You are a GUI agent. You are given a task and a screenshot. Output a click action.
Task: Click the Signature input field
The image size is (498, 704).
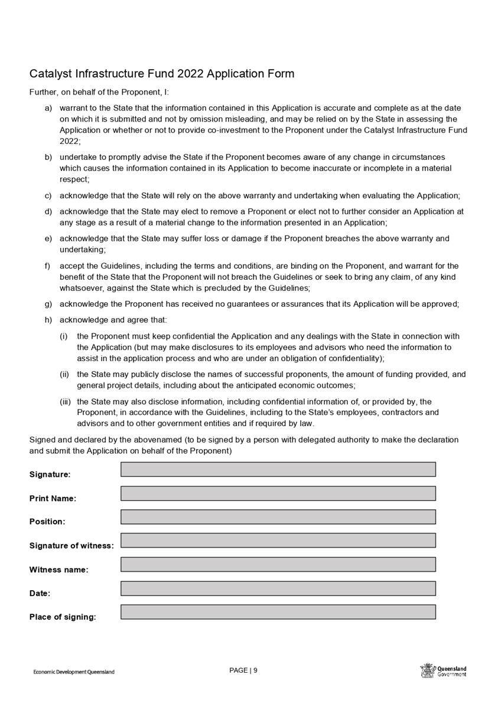(278, 469)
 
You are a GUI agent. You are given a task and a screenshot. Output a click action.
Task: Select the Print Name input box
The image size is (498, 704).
(278, 493)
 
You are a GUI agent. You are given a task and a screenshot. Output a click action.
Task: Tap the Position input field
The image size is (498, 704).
(278, 517)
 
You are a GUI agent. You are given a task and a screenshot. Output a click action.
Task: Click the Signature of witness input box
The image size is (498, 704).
(278, 541)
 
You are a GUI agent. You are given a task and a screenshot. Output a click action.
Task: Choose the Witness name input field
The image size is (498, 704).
(278, 564)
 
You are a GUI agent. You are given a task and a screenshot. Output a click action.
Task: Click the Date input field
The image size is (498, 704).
(278, 588)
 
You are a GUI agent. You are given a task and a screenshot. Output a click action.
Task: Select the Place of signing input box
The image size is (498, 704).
(278, 612)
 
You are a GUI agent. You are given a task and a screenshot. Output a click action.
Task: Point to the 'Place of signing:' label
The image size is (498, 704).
(63, 617)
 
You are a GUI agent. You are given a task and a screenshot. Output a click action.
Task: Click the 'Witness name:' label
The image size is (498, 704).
(58, 570)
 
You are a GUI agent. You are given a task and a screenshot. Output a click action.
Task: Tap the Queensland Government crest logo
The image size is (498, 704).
(427, 670)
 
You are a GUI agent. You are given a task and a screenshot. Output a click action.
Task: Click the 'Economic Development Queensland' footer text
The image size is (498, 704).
(74, 672)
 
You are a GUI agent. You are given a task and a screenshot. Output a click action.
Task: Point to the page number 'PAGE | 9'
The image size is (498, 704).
(243, 670)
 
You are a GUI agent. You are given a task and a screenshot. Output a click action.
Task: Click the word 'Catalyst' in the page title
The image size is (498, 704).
(50, 74)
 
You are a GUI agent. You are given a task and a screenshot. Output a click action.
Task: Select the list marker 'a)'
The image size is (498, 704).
(48, 109)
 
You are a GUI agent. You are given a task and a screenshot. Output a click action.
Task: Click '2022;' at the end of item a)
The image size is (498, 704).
(70, 142)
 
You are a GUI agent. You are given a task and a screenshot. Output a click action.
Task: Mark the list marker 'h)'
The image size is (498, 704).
(48, 320)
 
